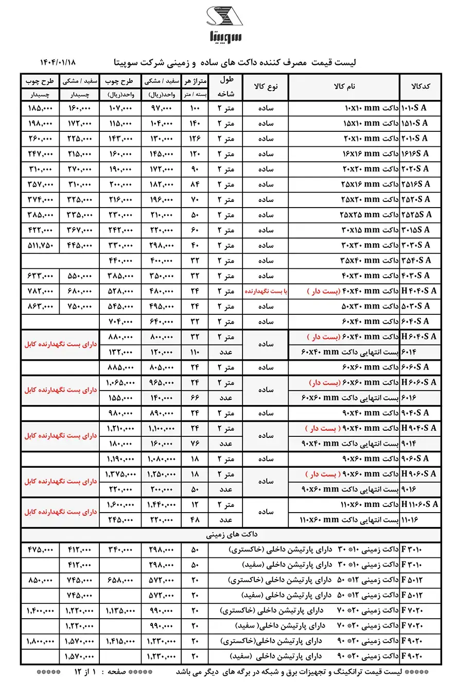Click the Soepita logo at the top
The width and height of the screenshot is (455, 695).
point(225,24)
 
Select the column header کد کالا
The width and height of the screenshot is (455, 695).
point(421,87)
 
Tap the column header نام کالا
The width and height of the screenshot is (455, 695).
point(344,87)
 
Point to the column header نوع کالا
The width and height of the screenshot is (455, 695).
point(265,87)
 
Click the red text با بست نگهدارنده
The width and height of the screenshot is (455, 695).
point(265,291)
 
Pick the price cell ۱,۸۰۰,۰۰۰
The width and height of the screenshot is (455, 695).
point(40,641)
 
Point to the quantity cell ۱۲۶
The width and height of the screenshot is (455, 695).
point(195,139)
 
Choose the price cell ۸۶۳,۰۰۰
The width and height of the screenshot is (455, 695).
point(40,306)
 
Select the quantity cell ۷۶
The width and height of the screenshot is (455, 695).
point(195,444)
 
